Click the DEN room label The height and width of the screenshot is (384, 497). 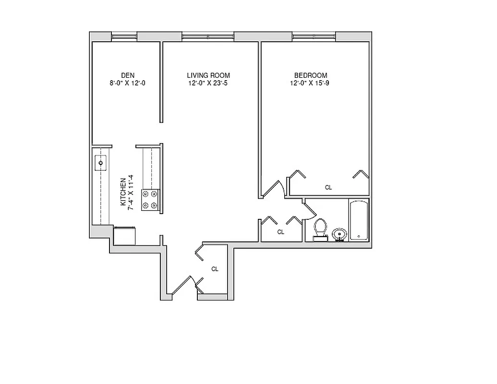point(127,75)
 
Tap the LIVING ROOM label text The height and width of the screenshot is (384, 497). point(208,75)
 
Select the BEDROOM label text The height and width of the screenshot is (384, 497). point(311,75)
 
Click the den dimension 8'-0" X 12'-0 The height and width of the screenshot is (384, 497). point(127,83)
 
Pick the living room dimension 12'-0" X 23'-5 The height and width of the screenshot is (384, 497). point(208,83)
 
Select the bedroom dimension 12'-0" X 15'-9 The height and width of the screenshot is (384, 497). point(311,83)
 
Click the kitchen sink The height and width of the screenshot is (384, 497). point(101,162)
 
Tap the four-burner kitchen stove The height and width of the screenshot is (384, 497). point(150,200)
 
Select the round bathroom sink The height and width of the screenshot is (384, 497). point(339,235)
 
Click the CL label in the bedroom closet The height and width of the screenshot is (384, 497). point(328,188)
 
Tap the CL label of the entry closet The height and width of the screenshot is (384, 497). point(215,269)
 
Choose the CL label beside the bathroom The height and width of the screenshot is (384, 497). point(281,232)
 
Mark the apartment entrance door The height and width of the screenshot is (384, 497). point(185,286)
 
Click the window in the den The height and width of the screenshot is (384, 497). point(124,36)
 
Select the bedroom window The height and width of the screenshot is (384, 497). point(314,36)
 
